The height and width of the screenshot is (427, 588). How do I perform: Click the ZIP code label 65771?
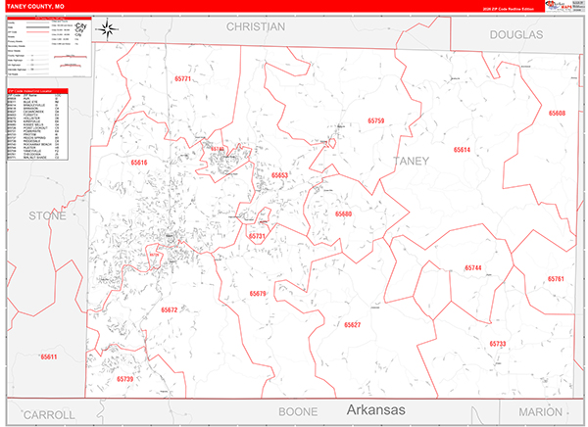183,77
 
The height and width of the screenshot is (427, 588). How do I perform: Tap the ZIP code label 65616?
138,163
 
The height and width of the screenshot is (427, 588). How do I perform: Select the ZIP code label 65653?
279,175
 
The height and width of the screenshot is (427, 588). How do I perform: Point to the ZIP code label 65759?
376,120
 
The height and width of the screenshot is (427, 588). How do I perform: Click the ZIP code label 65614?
462,150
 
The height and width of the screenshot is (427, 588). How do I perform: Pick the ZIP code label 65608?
557,114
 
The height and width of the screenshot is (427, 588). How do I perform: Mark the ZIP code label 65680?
343,213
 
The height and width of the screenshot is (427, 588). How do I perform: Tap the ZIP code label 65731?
257,236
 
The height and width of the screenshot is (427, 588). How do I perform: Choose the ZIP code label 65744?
473,267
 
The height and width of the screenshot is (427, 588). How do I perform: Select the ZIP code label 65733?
497,344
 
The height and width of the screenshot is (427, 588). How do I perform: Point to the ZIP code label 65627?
353,324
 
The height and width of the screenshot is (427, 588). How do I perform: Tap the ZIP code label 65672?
170,309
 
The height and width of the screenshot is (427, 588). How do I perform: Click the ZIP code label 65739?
124,378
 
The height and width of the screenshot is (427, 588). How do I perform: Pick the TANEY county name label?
411,161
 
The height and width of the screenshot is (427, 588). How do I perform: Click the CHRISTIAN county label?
255,27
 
